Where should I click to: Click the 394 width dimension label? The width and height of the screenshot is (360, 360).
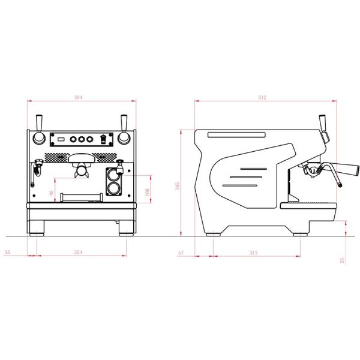78,97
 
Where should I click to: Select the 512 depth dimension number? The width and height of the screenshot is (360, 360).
262,97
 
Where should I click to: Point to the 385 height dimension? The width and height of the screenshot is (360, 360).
177,186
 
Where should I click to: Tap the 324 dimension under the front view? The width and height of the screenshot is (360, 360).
78,252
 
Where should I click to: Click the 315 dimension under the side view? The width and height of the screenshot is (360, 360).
253,253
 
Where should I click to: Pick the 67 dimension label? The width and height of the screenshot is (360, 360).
181,253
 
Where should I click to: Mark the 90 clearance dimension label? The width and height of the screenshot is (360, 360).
52,193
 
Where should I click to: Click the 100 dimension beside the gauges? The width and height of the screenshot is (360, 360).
148,193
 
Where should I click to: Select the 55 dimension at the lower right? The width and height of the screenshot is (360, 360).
342,260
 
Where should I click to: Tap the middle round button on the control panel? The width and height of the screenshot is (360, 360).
81,139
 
